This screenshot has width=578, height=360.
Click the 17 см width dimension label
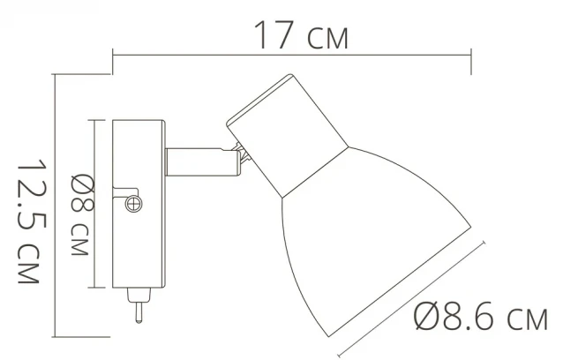click(x=301, y=35)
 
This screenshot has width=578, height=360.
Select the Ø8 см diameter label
click(x=81, y=214)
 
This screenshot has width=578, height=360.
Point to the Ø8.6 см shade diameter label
click(x=481, y=316)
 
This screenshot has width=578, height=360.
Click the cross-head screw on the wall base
click(x=133, y=204)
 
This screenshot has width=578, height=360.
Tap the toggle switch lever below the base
click(x=139, y=312)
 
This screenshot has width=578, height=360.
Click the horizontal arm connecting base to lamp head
click(x=202, y=162)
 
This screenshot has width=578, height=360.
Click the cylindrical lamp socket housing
click(x=288, y=136)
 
